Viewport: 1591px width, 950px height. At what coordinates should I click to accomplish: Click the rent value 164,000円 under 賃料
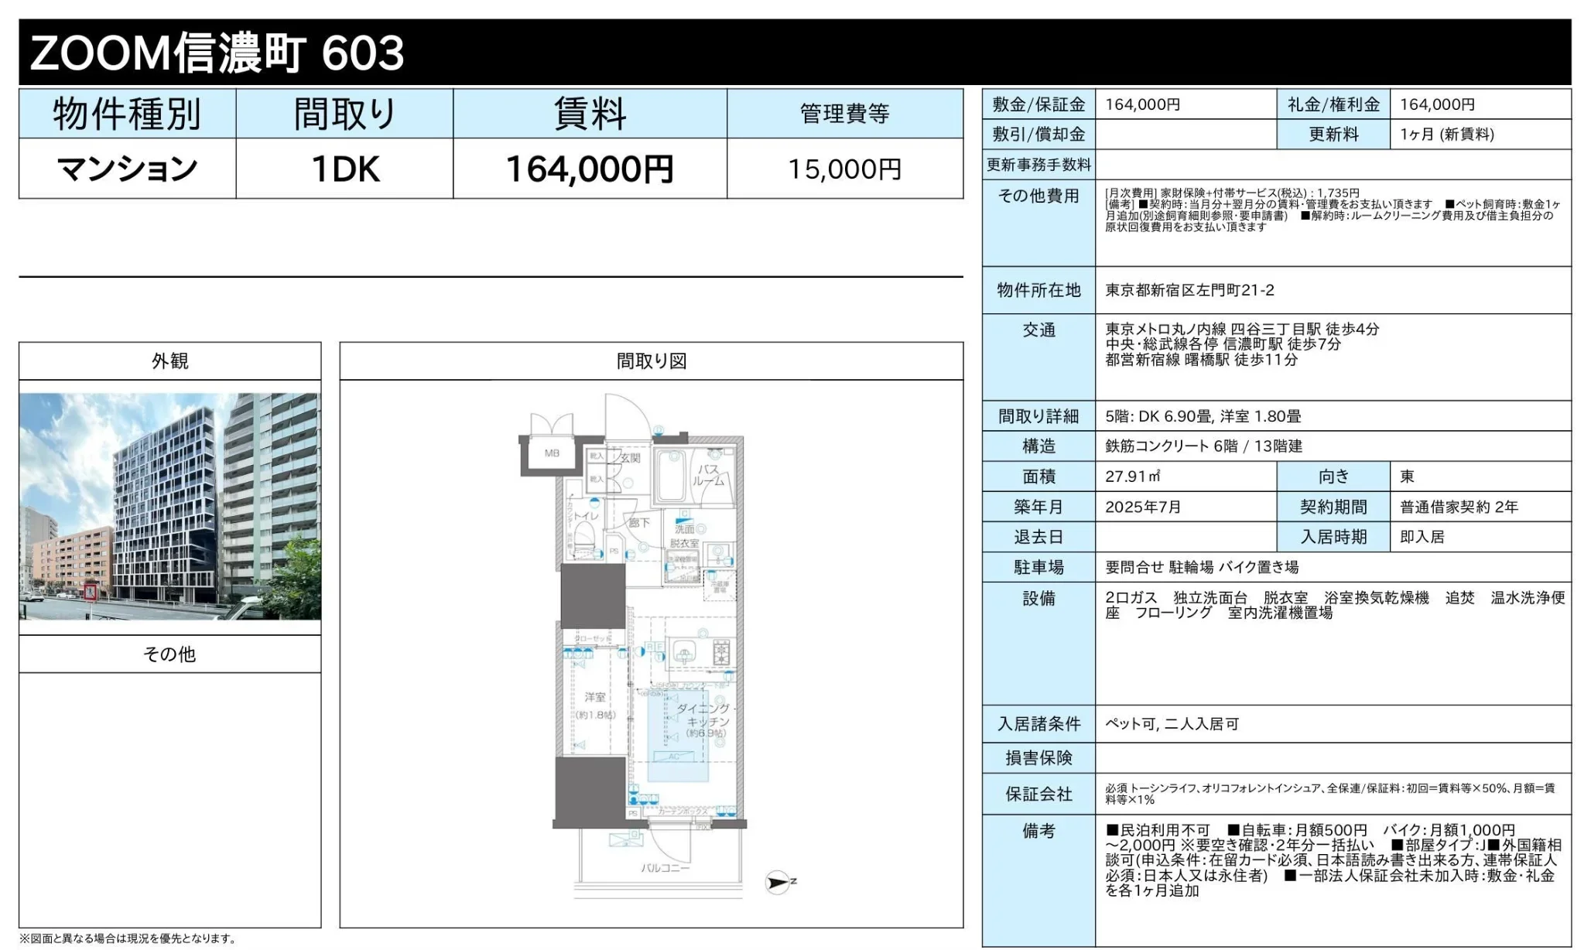click(589, 169)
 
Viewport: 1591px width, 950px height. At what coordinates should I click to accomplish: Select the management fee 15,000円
click(844, 169)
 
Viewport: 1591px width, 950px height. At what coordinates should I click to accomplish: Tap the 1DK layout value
click(345, 169)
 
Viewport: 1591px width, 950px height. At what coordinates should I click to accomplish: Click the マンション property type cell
click(128, 169)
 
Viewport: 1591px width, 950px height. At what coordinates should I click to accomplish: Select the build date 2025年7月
click(1143, 507)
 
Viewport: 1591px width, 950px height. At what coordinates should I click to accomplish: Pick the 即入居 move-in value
click(1422, 537)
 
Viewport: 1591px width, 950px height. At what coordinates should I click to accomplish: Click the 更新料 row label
click(1333, 135)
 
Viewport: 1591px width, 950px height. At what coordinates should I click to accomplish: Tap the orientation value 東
click(1407, 477)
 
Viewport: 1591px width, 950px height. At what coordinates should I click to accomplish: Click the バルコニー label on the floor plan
click(665, 868)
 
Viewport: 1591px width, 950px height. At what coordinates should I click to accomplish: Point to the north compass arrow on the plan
click(778, 883)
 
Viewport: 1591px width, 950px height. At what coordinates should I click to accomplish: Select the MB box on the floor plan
click(552, 453)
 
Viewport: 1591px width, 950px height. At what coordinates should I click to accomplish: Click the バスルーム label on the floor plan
click(708, 475)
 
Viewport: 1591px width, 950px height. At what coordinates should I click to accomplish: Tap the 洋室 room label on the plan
click(595, 698)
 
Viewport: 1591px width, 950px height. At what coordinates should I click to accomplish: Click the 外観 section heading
click(169, 361)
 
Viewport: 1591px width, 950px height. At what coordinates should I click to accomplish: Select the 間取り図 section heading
click(651, 361)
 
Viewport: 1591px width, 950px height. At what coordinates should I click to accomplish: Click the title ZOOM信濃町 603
click(217, 53)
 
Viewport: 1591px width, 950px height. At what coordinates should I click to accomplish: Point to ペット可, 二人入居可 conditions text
click(1172, 724)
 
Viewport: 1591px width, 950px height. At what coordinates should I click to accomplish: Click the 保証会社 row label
click(1038, 794)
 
